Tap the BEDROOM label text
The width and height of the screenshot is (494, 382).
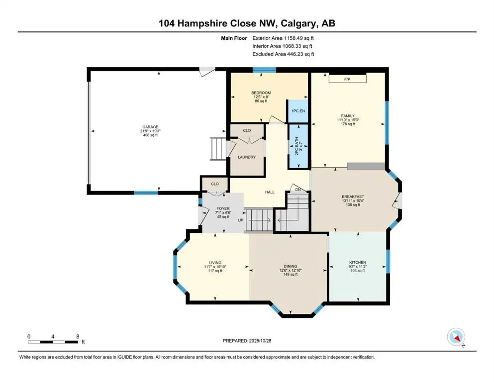click(261, 93)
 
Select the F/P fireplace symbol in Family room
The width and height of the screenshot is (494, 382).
click(347, 79)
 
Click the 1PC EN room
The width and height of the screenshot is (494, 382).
click(299, 111)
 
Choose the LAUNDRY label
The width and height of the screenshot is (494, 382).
click(246, 157)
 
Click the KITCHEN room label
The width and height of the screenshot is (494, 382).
click(357, 262)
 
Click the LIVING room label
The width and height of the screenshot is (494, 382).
click(215, 263)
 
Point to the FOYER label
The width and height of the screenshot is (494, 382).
click(222, 209)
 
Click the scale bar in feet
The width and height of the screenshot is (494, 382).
click(53, 341)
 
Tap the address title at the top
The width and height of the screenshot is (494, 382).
click(247, 23)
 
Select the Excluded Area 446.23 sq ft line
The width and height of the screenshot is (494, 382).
click(283, 54)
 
